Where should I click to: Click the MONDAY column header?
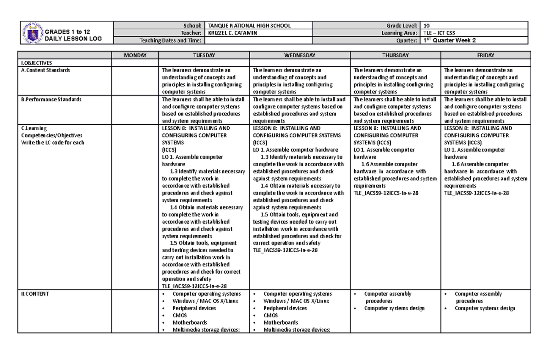click(135, 55)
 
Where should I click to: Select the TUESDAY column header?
click(204, 55)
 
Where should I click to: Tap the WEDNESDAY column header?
click(300, 55)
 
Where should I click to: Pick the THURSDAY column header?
click(396, 55)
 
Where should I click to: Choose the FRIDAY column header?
click(485, 55)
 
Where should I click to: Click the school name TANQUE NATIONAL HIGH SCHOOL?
click(249, 26)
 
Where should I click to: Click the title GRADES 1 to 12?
click(63, 32)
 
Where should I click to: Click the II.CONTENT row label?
click(33, 294)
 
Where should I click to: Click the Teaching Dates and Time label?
click(170, 40)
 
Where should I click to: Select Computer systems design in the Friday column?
click(484, 308)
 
